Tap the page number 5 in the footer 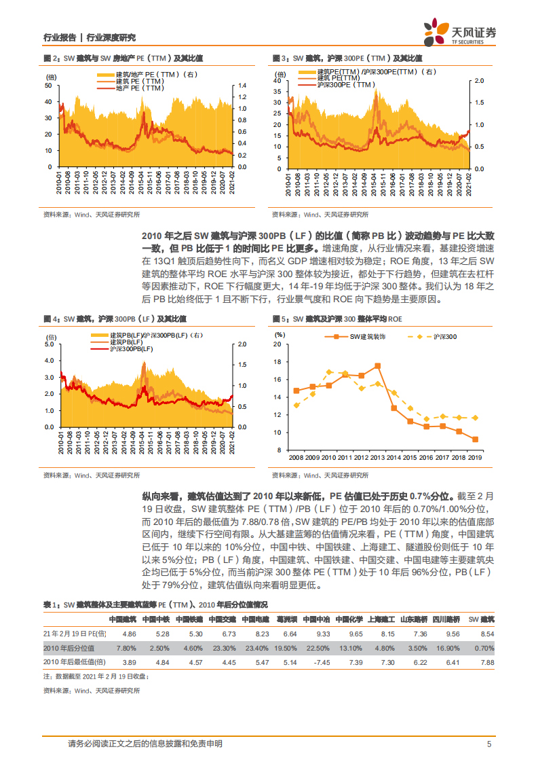click(488, 744)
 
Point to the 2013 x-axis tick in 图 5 click(377, 458)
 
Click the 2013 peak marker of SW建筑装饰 click(377, 365)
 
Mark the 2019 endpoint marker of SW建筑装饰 click(475, 439)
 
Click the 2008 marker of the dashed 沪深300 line click(296, 405)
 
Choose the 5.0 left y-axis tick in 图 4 click(48, 344)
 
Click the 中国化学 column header click(351, 619)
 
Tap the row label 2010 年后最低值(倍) click(74, 661)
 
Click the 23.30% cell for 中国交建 click(223, 648)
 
